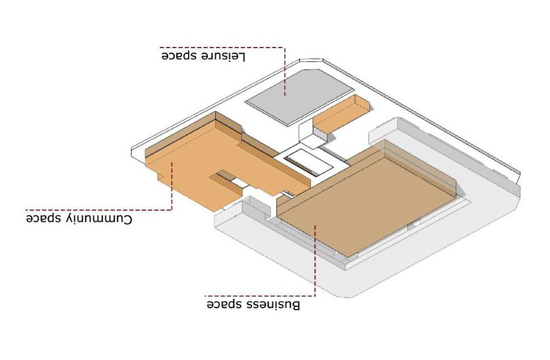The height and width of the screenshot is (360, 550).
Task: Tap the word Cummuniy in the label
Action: [101, 218]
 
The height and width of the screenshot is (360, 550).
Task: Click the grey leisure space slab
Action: [300, 96]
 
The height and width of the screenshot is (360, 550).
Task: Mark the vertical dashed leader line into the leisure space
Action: [285, 74]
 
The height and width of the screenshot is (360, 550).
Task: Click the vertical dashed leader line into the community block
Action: [171, 187]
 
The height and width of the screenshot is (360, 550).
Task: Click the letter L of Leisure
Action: [242, 56]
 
